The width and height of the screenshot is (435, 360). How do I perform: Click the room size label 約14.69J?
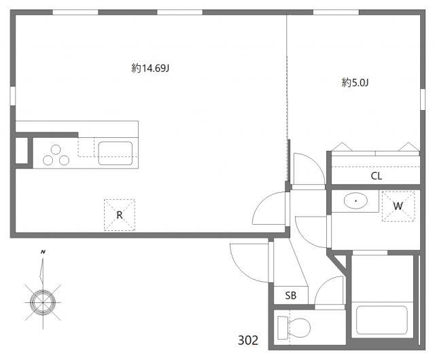click(150, 68)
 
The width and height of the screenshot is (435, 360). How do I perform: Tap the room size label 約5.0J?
click(355, 83)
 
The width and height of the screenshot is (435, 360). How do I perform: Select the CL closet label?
click(376, 175)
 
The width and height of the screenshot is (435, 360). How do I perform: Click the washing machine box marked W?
click(398, 206)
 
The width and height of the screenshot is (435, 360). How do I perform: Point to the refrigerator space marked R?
click(119, 215)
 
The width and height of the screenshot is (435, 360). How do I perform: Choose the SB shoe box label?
click(291, 295)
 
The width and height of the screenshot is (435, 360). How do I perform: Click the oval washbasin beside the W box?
click(355, 201)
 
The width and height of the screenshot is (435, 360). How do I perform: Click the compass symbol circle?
click(43, 300)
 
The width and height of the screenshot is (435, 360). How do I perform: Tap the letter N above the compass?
click(43, 253)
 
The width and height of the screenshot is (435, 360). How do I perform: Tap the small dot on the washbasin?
click(355, 201)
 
